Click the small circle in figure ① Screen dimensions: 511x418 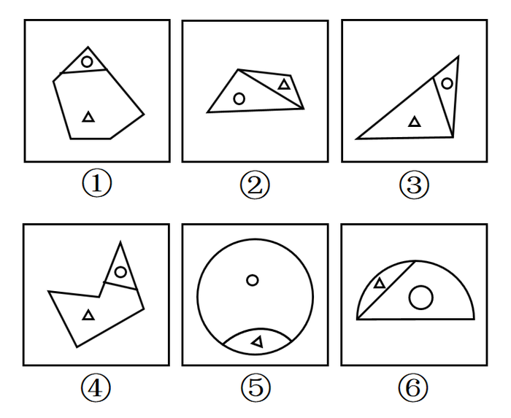coord(87,61)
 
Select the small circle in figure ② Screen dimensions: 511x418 coord(239,98)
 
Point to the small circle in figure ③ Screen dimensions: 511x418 coord(447,84)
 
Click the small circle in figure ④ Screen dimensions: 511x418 coord(120,272)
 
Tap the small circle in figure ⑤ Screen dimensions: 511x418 coord(253,280)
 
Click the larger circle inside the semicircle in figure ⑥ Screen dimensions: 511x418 coord(421,298)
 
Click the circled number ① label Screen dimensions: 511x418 coord(96,184)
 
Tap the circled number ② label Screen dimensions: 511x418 coord(255,185)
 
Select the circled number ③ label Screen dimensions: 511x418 coord(414,185)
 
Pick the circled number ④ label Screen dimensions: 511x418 coord(96,388)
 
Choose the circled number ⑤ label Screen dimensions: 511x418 coord(255,388)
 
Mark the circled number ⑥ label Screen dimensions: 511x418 coord(413,388)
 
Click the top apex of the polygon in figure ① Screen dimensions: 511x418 coord(88,47)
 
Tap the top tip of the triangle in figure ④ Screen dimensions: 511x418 coord(120,242)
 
